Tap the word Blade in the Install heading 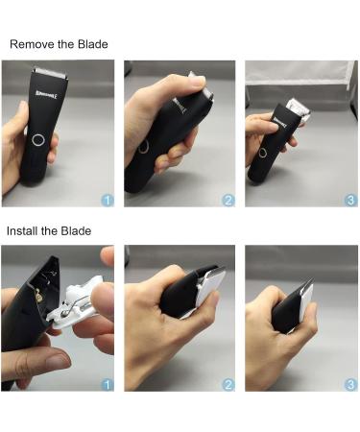(x=74, y=231)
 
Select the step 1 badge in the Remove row (x=107, y=200)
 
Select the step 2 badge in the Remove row (x=228, y=200)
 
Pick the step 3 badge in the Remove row (x=348, y=200)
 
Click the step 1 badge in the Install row (x=107, y=384)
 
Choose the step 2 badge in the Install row (x=228, y=384)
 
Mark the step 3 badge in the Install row (x=348, y=384)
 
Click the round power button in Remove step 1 (x=38, y=140)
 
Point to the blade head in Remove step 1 (x=48, y=72)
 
